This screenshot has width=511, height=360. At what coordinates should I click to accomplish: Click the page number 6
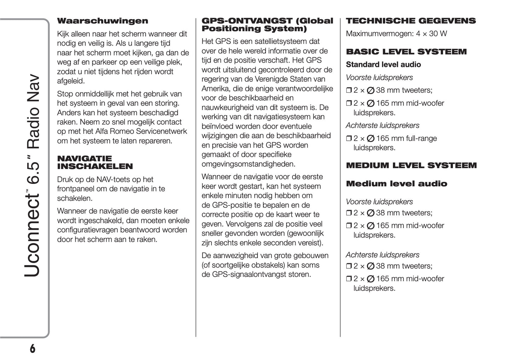pyautogui.click(x=33, y=348)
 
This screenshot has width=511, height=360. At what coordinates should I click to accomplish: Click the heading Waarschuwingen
pyautogui.click(x=103, y=21)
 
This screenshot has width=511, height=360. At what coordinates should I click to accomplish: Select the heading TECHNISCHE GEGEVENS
pyautogui.click(x=411, y=21)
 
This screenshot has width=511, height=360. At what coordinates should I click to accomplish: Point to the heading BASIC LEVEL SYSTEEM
pyautogui.click(x=406, y=52)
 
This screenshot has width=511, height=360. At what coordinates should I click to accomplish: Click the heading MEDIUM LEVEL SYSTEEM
pyautogui.click(x=411, y=166)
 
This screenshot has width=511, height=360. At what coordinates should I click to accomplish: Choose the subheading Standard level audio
pyautogui.click(x=383, y=65)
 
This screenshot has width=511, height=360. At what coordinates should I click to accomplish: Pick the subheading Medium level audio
pyautogui.click(x=396, y=184)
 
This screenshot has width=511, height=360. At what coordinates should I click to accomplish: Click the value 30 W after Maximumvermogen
pyautogui.click(x=438, y=34)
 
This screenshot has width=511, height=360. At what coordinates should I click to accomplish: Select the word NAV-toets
pyautogui.click(x=113, y=180)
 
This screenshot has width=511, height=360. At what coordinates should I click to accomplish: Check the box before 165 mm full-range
pyautogui.click(x=348, y=139)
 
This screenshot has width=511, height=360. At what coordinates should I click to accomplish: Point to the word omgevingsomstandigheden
pyautogui.click(x=248, y=164)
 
